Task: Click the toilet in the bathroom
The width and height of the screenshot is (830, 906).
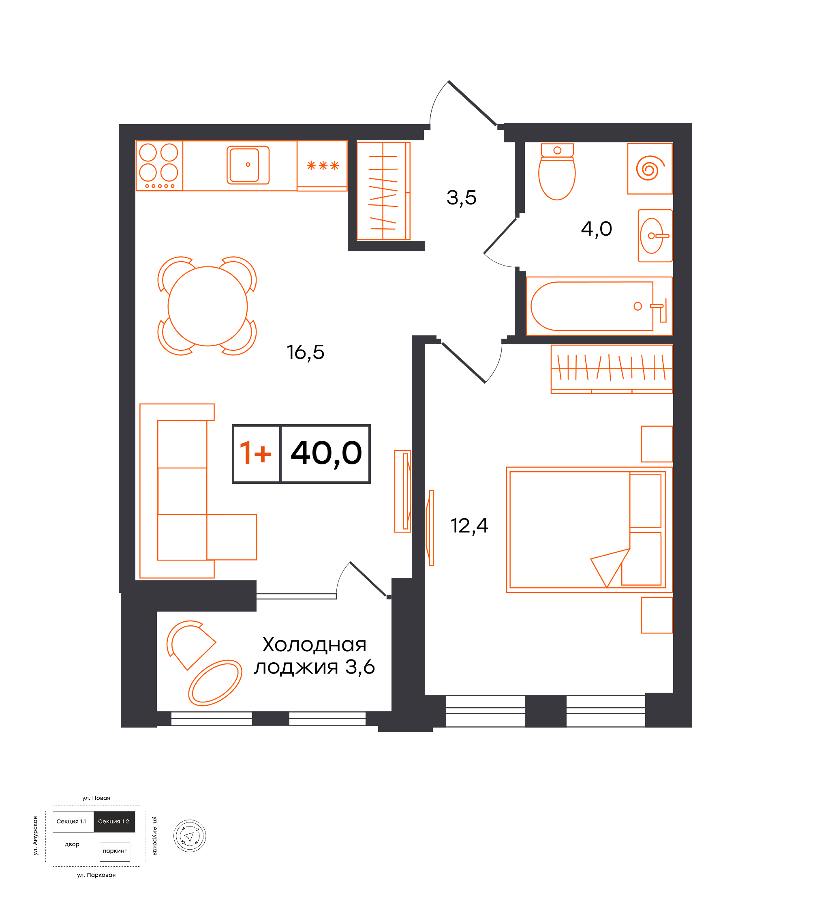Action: coord(557,172)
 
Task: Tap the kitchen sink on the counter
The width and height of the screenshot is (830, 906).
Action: coord(248,165)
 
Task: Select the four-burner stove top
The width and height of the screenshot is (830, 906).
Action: coord(159,166)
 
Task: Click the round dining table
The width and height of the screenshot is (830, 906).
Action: coord(207,307)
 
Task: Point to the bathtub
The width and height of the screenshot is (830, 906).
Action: coord(599,307)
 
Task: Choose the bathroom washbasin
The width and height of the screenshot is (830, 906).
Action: coord(655,236)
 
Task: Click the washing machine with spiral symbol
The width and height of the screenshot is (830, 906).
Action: coord(650,169)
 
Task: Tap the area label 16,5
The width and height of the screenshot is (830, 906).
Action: coord(306,353)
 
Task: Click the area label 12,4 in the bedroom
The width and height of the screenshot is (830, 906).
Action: coord(469,526)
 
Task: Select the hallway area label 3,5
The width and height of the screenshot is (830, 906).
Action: coord(461,198)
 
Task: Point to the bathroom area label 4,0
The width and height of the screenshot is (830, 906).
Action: coord(597,229)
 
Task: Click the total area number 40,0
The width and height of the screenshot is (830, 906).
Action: coord(327,453)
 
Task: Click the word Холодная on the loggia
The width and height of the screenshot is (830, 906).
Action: coord(314,645)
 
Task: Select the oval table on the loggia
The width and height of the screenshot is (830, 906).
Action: coord(215,683)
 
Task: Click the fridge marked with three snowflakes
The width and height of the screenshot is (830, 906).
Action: coord(322,166)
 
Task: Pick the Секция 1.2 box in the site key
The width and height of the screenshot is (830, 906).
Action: coord(114,822)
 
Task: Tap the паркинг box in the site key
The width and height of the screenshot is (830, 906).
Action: coord(115,851)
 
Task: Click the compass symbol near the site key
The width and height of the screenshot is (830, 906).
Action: coord(190,836)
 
